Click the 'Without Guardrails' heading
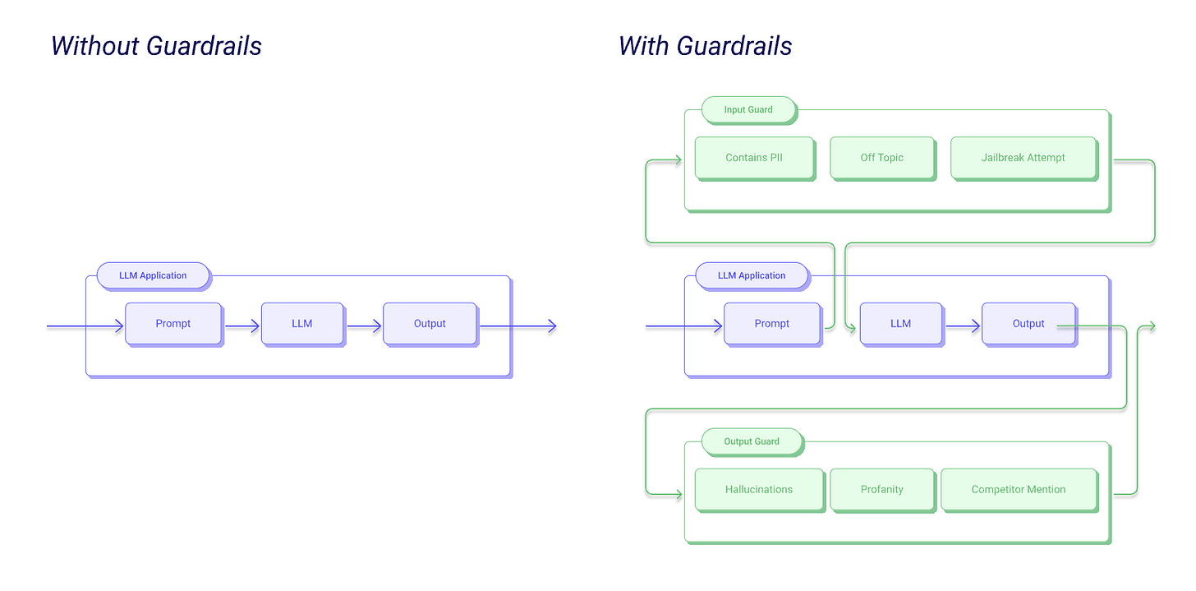pyautogui.click(x=156, y=45)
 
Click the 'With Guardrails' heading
pyautogui.click(x=705, y=45)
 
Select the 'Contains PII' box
pyautogui.click(x=753, y=158)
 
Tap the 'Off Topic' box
pyautogui.click(x=881, y=158)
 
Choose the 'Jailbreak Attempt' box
pyautogui.click(x=1023, y=158)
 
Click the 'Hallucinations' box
pyautogui.click(x=758, y=489)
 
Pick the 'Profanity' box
pyautogui.click(x=881, y=489)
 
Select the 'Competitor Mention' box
pyautogui.click(x=1018, y=489)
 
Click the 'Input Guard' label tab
pyautogui.click(x=747, y=109)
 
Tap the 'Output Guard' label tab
pyautogui.click(x=751, y=441)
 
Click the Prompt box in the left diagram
pyautogui.click(x=172, y=324)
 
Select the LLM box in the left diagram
pyautogui.click(x=301, y=324)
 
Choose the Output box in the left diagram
pyautogui.click(x=429, y=324)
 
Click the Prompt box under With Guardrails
pyautogui.click(x=771, y=324)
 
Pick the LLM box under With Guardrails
pyautogui.click(x=900, y=324)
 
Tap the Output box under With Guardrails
pyautogui.click(x=1028, y=324)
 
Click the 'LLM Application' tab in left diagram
pyautogui.click(x=153, y=275)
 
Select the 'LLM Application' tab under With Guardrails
pyautogui.click(x=751, y=275)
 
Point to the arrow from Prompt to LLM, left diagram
pyautogui.click(x=242, y=327)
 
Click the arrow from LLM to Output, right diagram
pyautogui.click(x=963, y=327)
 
